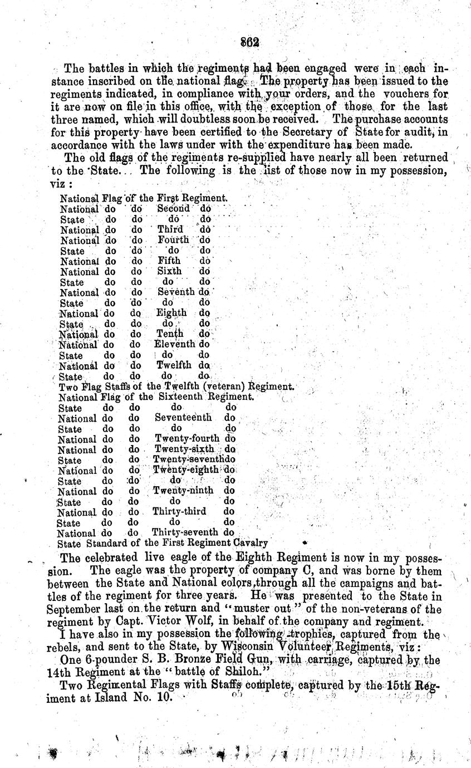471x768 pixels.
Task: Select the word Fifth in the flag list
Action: (x=169, y=261)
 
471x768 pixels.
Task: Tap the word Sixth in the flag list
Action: (x=170, y=271)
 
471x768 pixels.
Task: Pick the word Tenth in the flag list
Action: (x=170, y=334)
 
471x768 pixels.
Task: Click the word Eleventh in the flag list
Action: (x=175, y=345)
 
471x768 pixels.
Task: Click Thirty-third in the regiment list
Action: (x=179, y=512)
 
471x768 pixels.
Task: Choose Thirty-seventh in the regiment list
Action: (x=185, y=533)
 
